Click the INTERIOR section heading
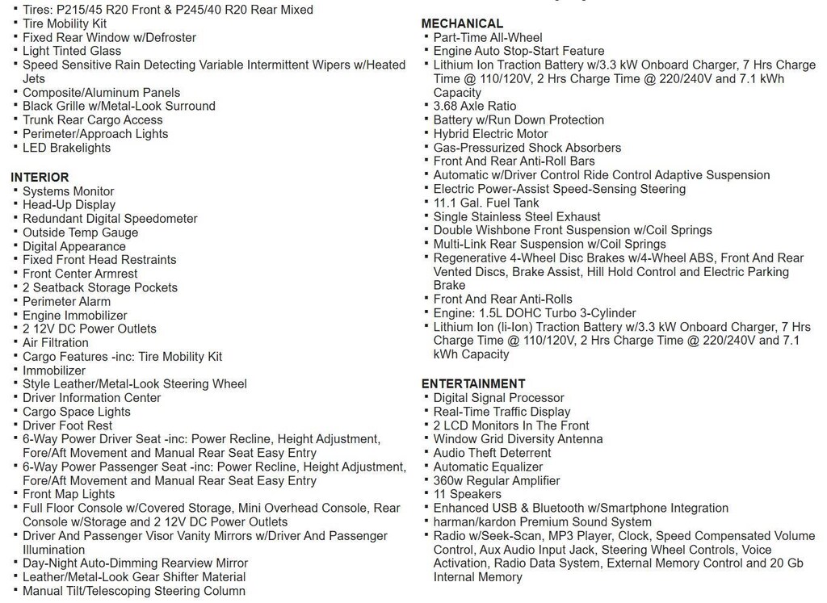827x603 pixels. pos(40,178)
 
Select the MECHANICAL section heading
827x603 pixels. pos(462,23)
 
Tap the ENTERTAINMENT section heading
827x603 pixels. pos(473,384)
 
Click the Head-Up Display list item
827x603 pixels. pos(69,205)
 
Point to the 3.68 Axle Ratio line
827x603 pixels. pos(474,106)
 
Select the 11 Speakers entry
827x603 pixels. pos(467,494)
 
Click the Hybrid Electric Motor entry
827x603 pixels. pos(490,134)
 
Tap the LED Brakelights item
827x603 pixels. pos(66,148)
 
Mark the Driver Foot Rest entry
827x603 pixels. pos(67,425)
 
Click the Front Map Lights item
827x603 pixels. pos(69,494)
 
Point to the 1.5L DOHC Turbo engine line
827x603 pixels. pos(534,313)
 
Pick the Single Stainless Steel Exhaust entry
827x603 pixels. pos(517,216)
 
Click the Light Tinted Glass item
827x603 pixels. pos(72,51)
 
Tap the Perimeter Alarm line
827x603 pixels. pos(66,301)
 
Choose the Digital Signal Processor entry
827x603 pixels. pos(498,398)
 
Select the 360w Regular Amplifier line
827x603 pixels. pos(496,480)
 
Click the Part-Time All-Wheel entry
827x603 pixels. pos(488,37)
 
